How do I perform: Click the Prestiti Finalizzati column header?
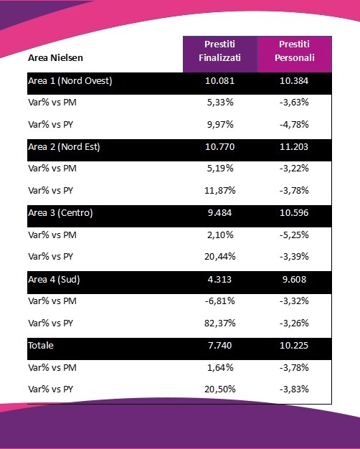point(219,51)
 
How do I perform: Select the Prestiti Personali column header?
point(295,51)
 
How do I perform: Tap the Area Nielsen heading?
point(55,58)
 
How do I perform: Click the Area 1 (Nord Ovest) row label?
point(70,81)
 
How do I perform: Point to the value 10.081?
point(219,81)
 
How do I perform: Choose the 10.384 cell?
point(294,81)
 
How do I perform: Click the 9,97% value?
point(220,125)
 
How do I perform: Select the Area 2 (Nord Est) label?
point(64,147)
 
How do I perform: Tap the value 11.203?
point(294,147)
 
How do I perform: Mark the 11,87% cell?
point(220,190)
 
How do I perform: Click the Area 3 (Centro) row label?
point(60,213)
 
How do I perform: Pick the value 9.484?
point(219,213)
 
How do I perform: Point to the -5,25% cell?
point(294,235)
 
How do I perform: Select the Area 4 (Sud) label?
point(54,280)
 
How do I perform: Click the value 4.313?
point(219,280)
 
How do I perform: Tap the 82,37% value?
point(220,323)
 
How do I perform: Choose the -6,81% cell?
point(220,301)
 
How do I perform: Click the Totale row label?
point(41,345)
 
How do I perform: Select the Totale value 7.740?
point(219,345)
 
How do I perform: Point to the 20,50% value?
point(220,389)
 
